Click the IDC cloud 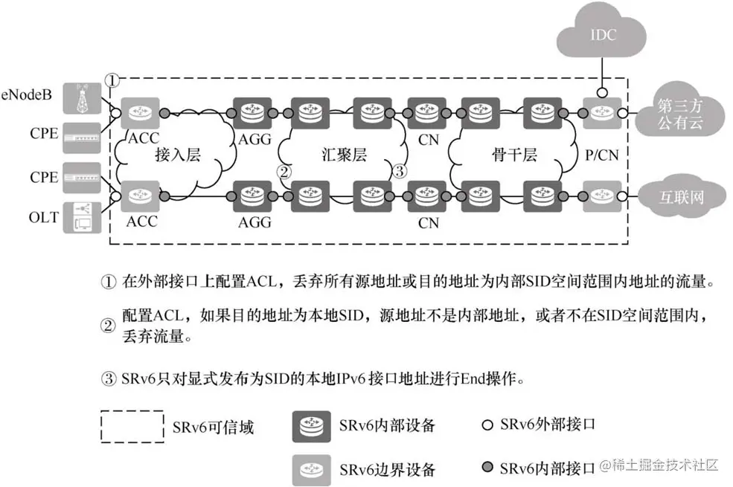click(601, 35)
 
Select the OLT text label click(42, 219)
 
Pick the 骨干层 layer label click(508, 155)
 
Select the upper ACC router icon click(136, 113)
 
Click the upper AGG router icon click(251, 113)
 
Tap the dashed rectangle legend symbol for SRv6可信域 click(132, 427)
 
